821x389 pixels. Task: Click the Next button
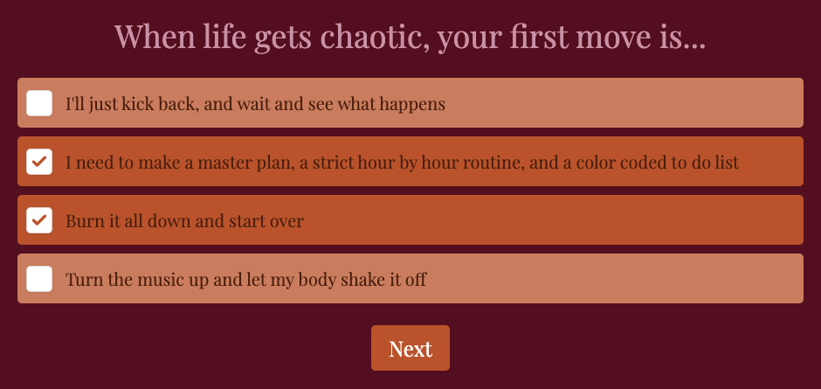click(410, 349)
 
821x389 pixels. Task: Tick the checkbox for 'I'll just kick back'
click(39, 103)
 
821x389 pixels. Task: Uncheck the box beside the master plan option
click(39, 162)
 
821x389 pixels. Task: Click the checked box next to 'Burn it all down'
click(39, 220)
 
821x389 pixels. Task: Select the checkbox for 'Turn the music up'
click(39, 279)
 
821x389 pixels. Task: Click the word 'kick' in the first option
click(164, 104)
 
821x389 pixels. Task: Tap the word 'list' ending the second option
click(726, 163)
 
